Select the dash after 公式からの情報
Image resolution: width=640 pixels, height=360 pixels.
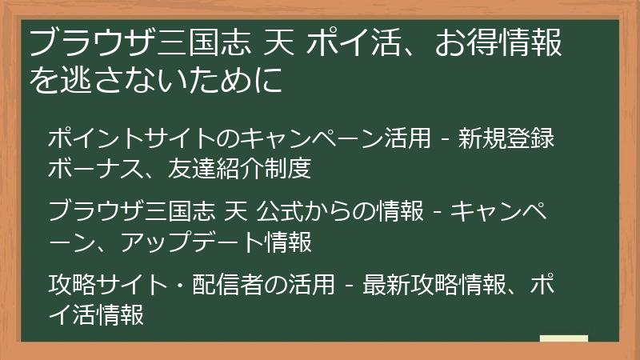pyautogui.click(x=438, y=212)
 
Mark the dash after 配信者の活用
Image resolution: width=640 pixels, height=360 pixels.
pyautogui.click(x=350, y=285)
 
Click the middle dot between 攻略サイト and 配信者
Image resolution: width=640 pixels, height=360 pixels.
pyautogui.click(x=178, y=284)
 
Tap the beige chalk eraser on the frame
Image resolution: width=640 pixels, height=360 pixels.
pyautogui.click(x=563, y=340)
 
